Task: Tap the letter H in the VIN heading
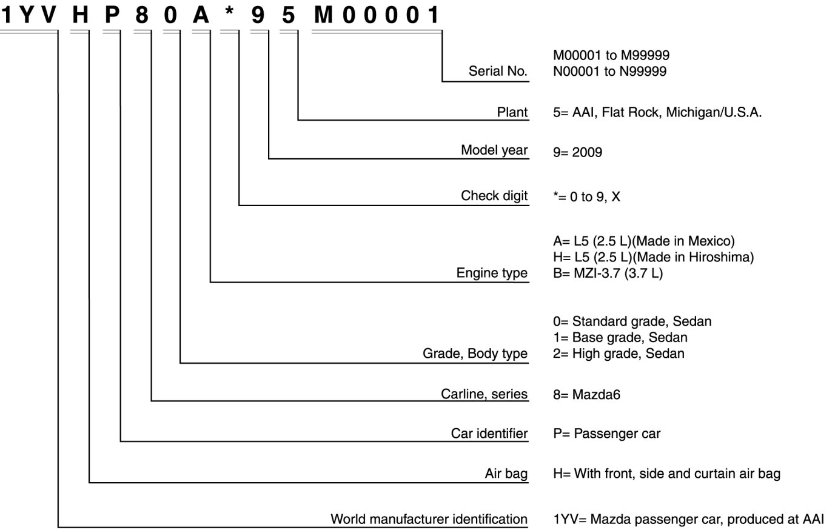point(81,15)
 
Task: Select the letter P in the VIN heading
point(112,15)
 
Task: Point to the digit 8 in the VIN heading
point(142,15)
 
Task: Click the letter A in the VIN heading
point(200,15)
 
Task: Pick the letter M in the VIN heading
point(323,15)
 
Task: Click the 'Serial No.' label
point(498,71)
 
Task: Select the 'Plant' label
point(512,112)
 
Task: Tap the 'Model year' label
point(494,150)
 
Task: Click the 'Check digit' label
point(494,195)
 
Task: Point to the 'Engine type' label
point(492,273)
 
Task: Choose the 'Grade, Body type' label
point(475,354)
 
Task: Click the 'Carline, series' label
point(484,394)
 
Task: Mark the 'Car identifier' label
point(489,434)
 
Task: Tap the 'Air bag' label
point(506,474)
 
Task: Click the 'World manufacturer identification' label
point(429,519)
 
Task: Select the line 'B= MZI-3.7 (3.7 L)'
point(608,273)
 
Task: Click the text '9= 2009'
point(577,152)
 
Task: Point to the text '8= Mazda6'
point(586,395)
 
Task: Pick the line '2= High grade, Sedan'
point(618,354)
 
